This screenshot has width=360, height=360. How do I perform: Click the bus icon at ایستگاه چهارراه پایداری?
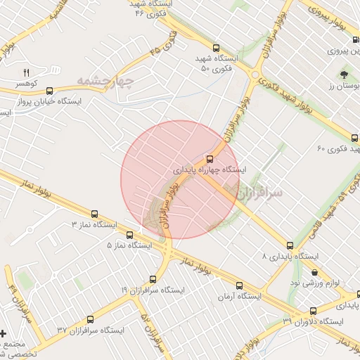210,158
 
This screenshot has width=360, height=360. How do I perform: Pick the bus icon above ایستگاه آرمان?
240,285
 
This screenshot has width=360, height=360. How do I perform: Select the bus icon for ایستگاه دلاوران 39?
313,310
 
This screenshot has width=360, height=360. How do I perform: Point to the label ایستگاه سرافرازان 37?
91,330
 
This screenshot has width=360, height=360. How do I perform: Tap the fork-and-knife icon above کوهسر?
27,72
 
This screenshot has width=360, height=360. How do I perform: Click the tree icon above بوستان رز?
344,74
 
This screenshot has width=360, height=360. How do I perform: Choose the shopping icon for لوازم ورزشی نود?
314,272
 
